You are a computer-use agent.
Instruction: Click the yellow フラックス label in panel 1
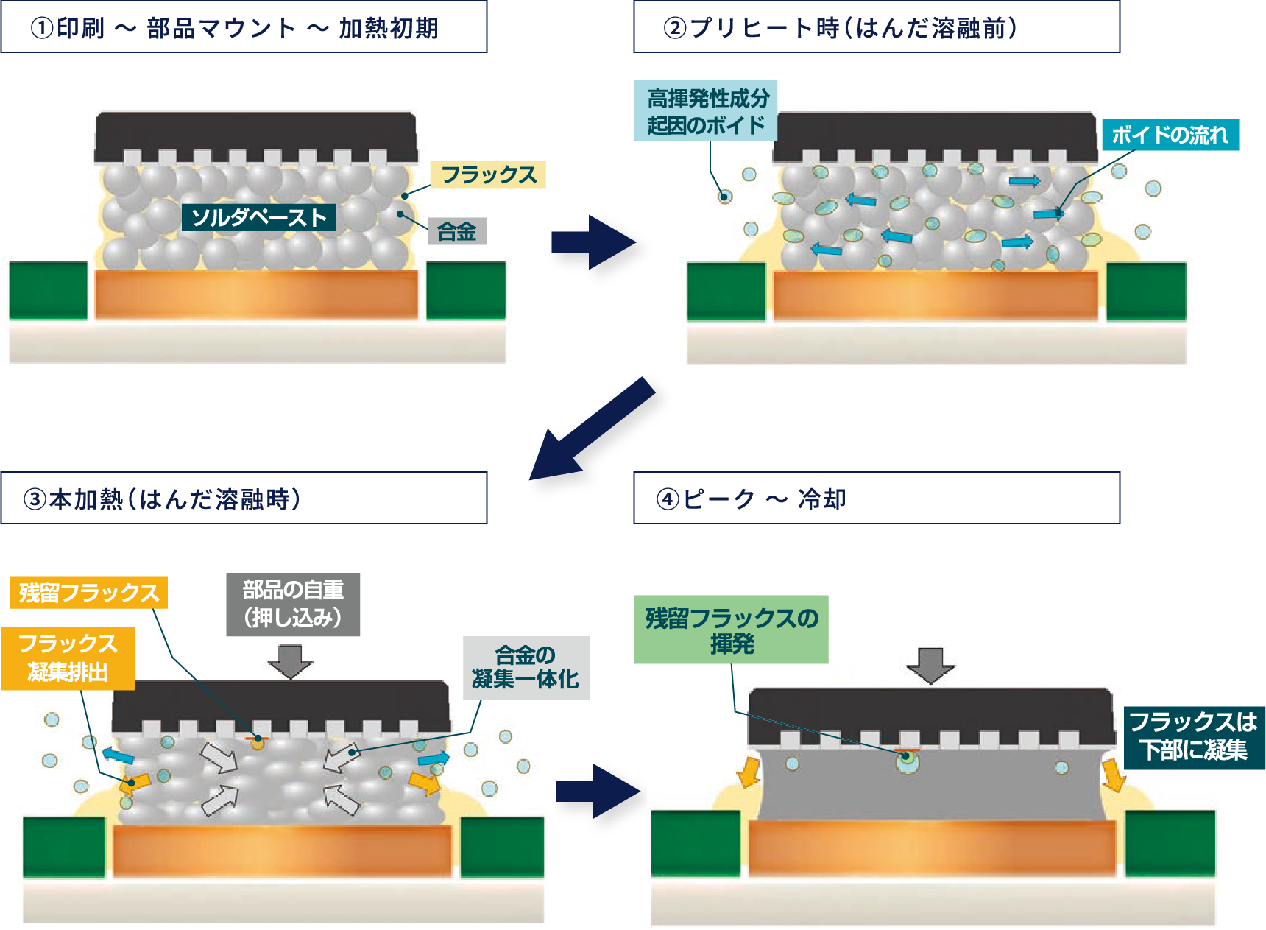[x=488, y=175]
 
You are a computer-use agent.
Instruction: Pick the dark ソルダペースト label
[x=258, y=217]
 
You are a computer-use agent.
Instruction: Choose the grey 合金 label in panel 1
[x=457, y=231]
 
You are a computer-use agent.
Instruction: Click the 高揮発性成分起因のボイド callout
[x=706, y=111]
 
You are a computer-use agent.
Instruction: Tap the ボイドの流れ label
[x=1170, y=135]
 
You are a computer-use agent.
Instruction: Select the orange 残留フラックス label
[x=88, y=593]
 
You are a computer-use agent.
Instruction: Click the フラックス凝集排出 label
[x=68, y=658]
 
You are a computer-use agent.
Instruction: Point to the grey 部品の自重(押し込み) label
[x=293, y=604]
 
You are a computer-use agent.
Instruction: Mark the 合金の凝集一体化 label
[x=526, y=667]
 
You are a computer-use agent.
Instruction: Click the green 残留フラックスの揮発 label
[x=731, y=630]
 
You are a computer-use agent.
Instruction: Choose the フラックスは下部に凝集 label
[x=1194, y=736]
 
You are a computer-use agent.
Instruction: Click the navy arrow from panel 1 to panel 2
[x=598, y=249]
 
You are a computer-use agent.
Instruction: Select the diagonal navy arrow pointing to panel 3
[x=596, y=434]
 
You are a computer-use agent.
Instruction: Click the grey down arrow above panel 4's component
[x=930, y=665]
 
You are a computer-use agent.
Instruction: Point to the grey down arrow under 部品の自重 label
[x=290, y=660]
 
